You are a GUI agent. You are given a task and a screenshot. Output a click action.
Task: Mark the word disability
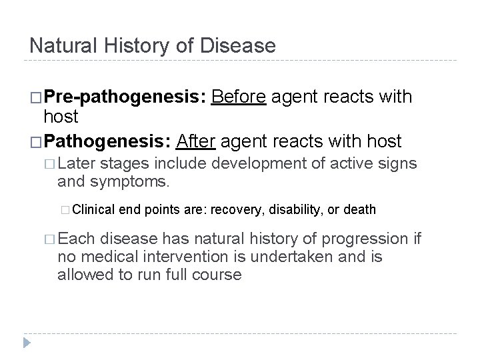click(291, 209)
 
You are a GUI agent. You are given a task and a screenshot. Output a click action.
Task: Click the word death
click(359, 209)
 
